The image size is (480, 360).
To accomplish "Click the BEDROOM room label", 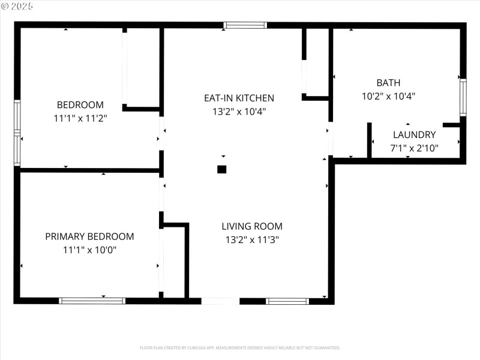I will point(80,104).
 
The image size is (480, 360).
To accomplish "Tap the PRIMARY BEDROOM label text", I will point(89,236).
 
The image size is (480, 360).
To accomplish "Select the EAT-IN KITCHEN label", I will point(239,98).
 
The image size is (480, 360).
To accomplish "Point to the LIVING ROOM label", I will point(252,226).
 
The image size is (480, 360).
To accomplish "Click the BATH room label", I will point(388,83).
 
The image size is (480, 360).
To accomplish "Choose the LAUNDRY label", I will point(414,135).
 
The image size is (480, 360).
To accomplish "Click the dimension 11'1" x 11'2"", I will point(80,118).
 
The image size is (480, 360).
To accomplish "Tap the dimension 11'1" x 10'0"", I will point(89,250).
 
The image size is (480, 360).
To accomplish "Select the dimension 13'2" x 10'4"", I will point(239,112).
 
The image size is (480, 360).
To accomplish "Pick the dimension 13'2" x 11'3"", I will point(252,239).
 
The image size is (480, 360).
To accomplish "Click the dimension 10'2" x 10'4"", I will point(388,96).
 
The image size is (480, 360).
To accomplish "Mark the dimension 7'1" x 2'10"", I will point(414,148).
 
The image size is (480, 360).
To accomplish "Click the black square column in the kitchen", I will point(222,169).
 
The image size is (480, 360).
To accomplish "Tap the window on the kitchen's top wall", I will point(245,25).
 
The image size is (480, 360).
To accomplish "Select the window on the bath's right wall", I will point(463,97).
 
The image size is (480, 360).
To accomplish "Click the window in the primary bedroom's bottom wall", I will point(92,301).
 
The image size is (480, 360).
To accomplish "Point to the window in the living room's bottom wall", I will point(287,301).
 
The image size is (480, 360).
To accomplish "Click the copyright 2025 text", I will point(17,7).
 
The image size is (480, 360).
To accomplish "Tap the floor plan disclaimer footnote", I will point(240,347).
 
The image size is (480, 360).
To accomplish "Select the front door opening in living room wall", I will point(220,301).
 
